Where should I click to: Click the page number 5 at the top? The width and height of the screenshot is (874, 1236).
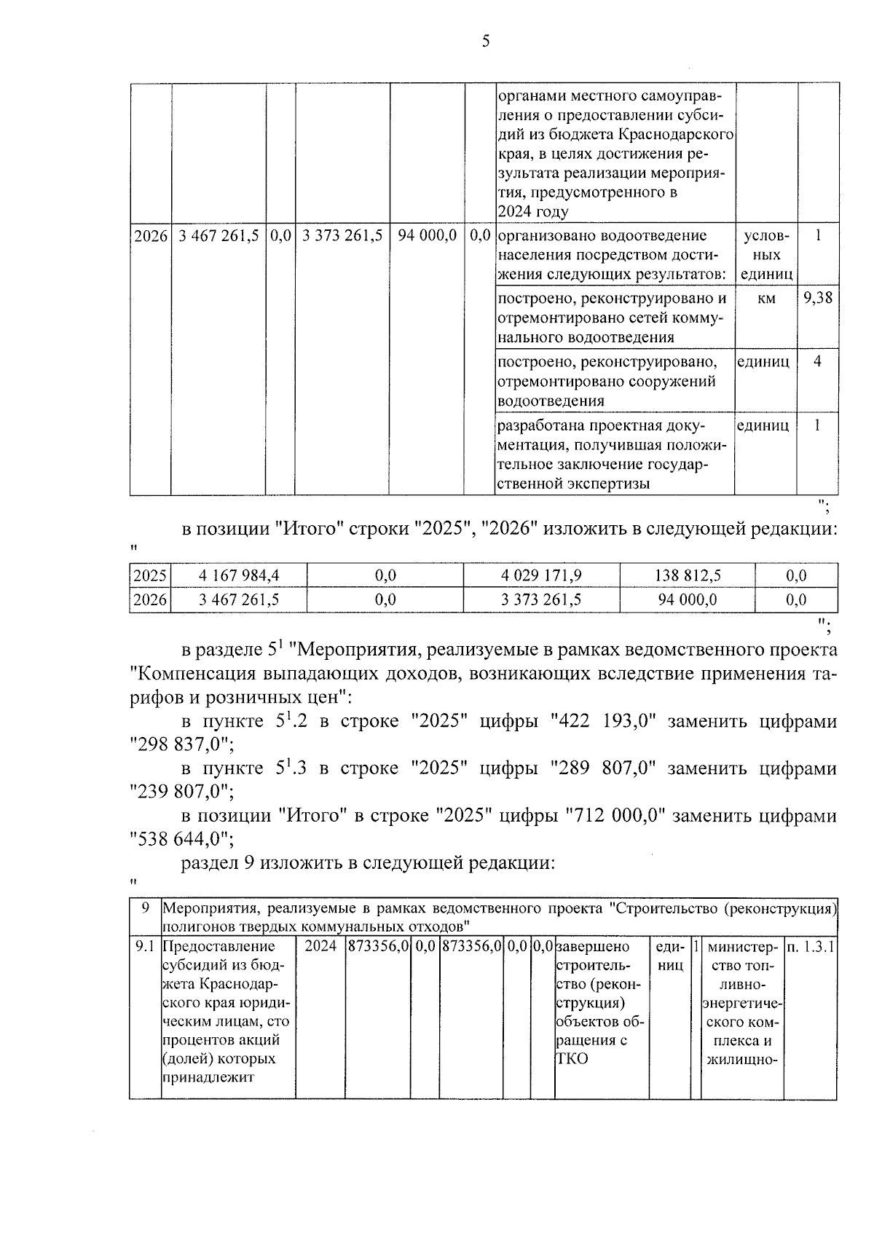point(486,42)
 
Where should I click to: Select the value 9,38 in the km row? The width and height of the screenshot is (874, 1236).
point(818,298)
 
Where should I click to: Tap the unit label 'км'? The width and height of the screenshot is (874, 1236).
point(766,298)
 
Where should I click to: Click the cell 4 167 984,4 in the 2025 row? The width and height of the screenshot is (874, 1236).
point(238,575)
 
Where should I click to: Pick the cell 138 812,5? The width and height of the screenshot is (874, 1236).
point(688,575)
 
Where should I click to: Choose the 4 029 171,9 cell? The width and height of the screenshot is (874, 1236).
point(541,575)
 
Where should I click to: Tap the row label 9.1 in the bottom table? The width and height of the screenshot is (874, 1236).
point(145,947)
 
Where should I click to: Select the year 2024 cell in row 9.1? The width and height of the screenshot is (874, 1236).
point(320,947)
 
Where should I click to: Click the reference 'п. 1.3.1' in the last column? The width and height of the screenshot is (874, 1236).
point(810,947)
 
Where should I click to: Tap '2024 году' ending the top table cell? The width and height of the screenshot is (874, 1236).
point(532,212)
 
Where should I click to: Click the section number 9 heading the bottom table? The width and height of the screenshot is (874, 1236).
point(145,908)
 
